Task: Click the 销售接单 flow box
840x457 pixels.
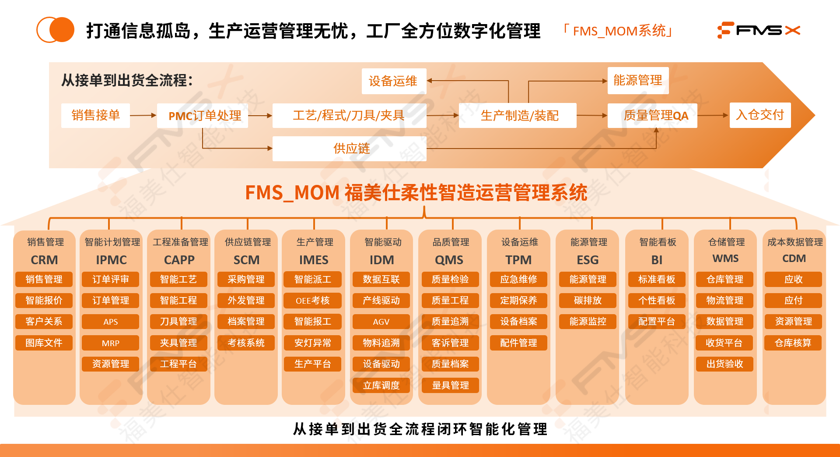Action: [95, 116]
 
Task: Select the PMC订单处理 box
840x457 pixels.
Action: [203, 116]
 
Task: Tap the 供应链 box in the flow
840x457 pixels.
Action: [349, 149]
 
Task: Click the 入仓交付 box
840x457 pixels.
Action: [760, 115]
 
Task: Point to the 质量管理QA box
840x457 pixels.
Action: [652, 116]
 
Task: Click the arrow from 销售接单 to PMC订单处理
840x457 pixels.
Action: [143, 116]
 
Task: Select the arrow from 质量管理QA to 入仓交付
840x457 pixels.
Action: [713, 116]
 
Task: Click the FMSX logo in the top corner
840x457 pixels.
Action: [759, 30]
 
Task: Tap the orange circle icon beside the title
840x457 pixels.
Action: [56, 30]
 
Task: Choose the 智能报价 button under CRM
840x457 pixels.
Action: [44, 301]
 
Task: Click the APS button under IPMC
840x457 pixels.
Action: [110, 322]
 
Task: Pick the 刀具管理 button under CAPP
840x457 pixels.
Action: [178, 322]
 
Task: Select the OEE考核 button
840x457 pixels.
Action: [312, 301]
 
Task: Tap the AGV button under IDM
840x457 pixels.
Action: [381, 322]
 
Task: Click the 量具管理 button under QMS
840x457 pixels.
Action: [450, 386]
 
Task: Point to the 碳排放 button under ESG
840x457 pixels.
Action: [588, 301]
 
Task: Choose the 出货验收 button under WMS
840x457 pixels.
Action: [724, 364]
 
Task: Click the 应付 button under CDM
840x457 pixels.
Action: [793, 301]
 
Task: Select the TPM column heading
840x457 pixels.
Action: [518, 260]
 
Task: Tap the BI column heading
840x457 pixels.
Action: [657, 260]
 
